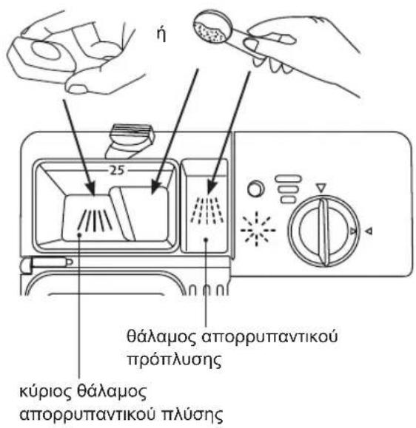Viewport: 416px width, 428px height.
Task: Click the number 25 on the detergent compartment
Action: point(117,170)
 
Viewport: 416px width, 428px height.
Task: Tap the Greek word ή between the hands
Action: point(161,35)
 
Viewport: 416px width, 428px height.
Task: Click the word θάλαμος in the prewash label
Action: point(161,336)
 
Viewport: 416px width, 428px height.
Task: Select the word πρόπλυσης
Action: point(175,360)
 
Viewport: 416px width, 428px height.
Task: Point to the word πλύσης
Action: point(192,415)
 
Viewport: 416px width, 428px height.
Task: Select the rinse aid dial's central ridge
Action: point(324,232)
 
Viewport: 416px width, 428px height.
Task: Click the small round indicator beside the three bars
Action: point(256,188)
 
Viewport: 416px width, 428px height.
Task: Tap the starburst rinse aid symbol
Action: point(258,229)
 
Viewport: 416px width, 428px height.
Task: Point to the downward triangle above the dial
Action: point(321,188)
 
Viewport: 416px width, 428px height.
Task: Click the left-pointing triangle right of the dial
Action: point(369,231)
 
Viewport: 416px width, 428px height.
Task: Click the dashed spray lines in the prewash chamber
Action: point(207,210)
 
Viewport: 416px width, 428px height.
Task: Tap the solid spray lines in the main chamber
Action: point(95,220)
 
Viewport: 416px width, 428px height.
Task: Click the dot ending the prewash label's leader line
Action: point(206,240)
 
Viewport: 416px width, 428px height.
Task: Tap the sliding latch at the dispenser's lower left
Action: point(47,263)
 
